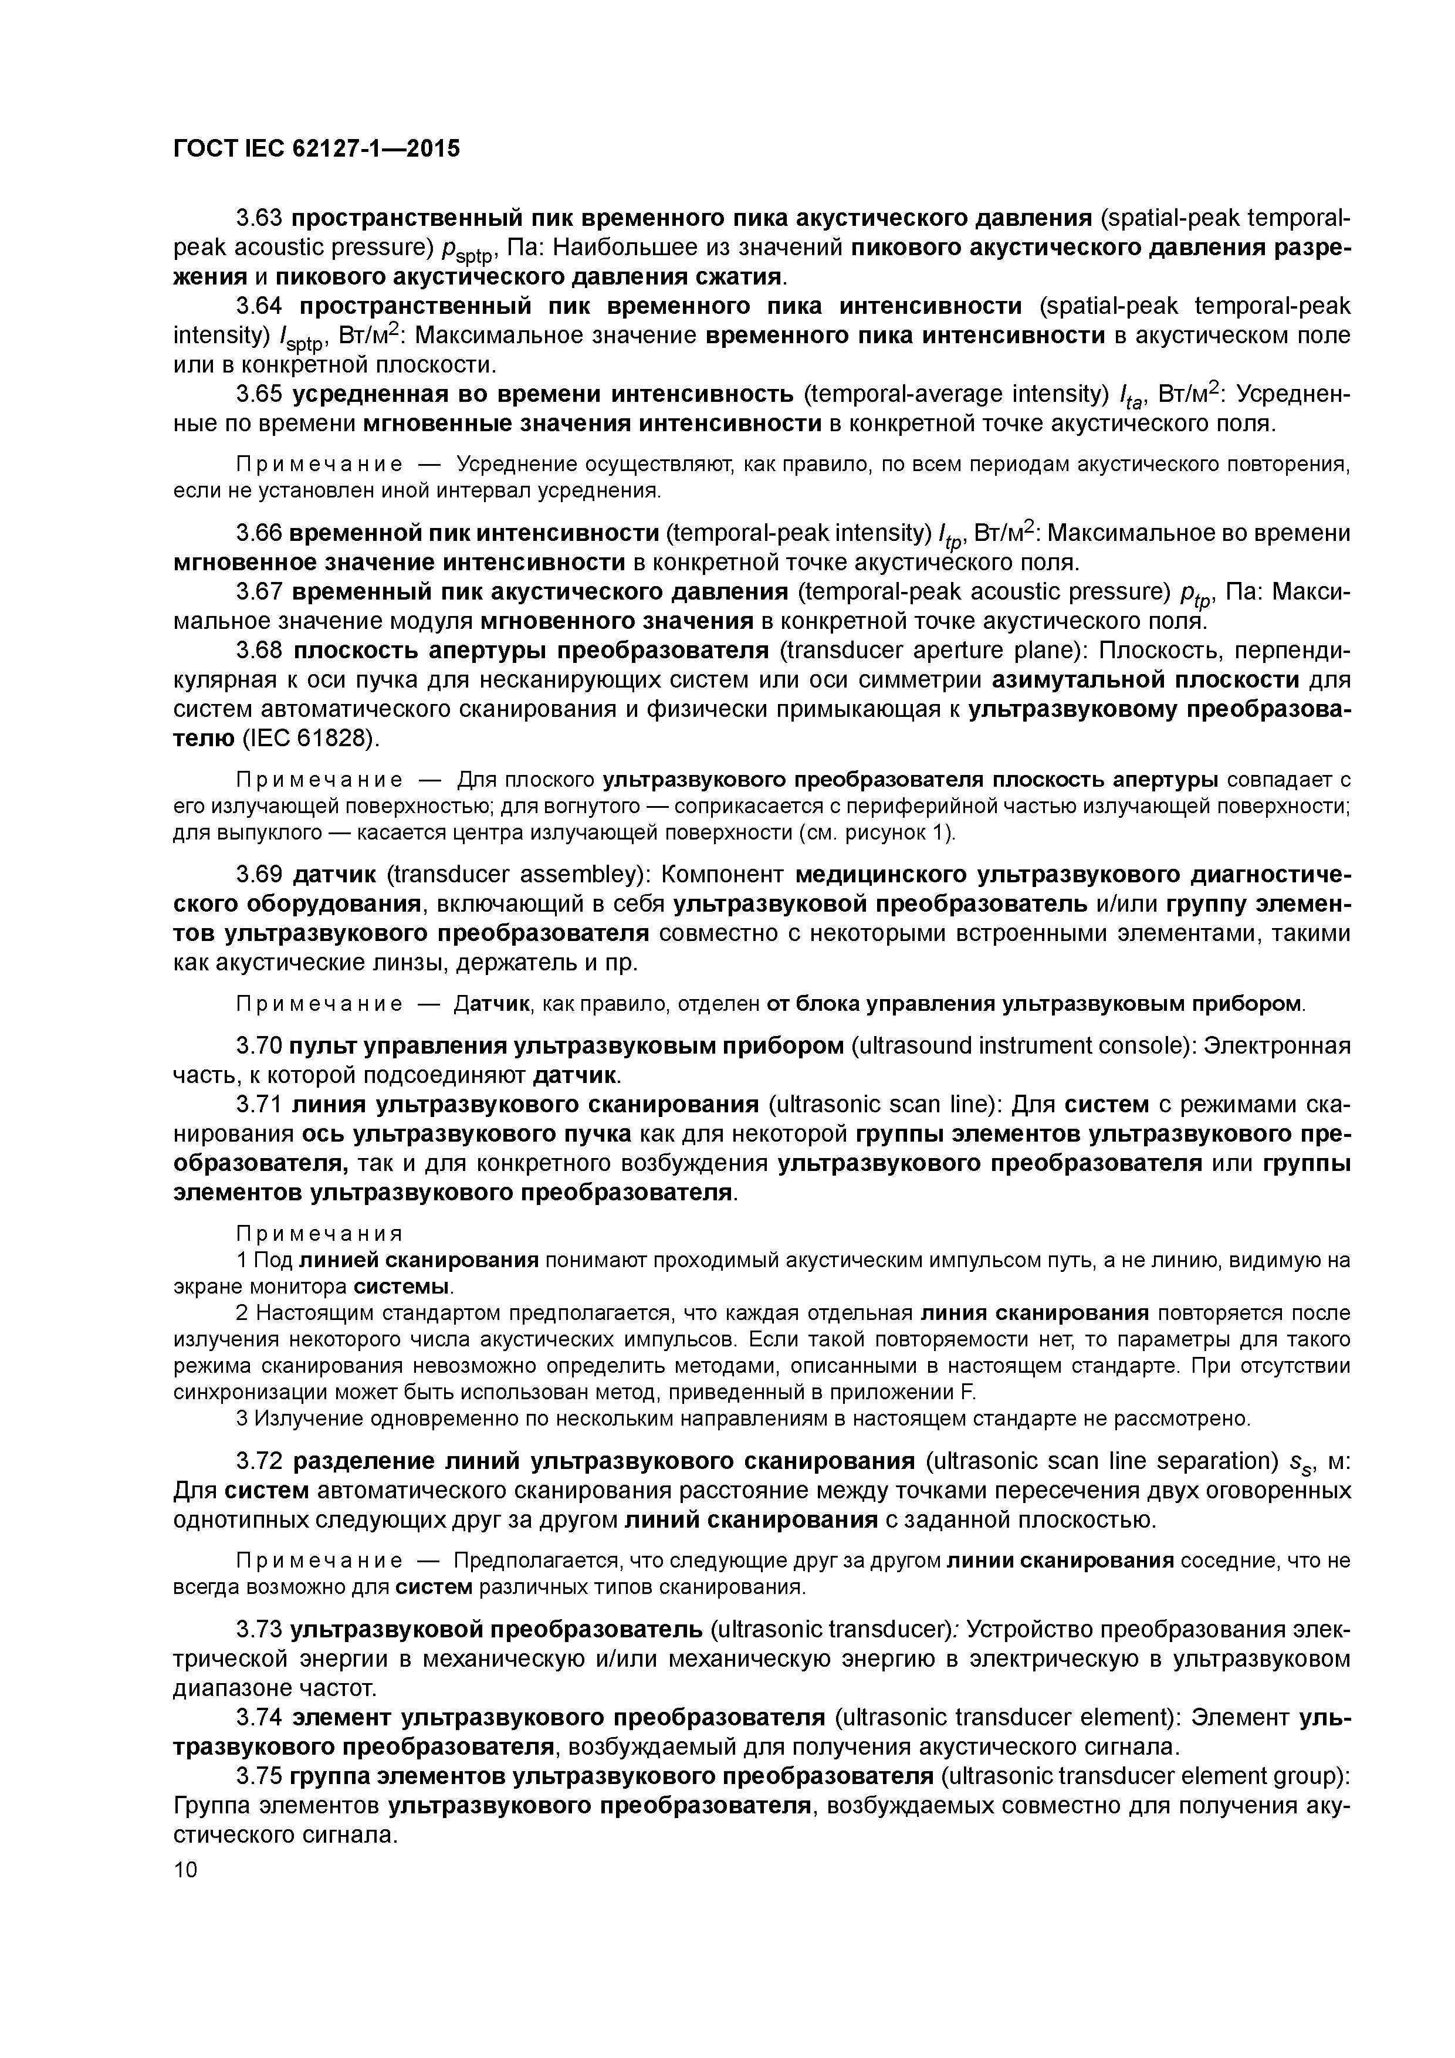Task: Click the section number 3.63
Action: coord(260,218)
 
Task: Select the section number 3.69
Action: coord(260,874)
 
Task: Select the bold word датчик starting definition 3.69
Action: coord(336,874)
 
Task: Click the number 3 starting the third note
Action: coord(241,1419)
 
